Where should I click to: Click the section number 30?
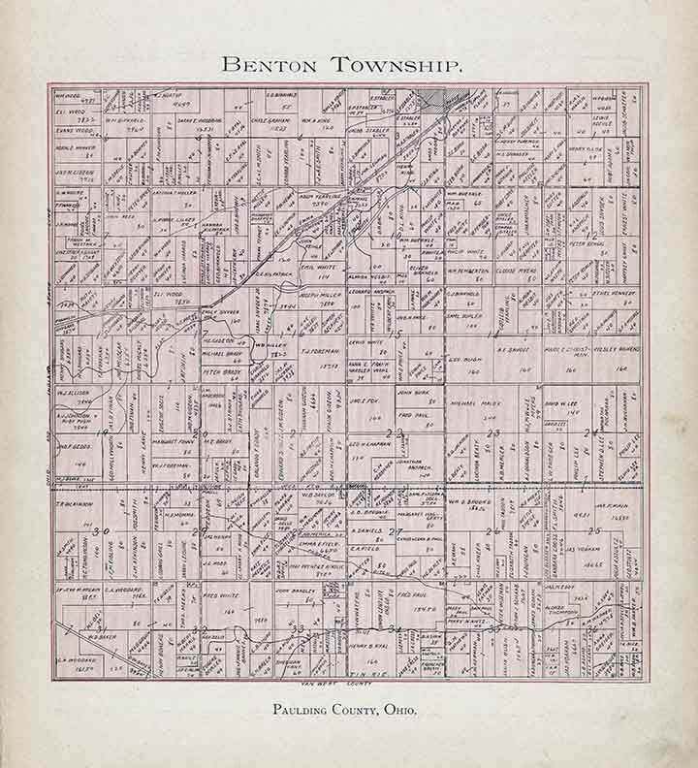coord(101,531)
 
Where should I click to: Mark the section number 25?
coord(593,531)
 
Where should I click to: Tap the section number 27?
coord(395,531)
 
